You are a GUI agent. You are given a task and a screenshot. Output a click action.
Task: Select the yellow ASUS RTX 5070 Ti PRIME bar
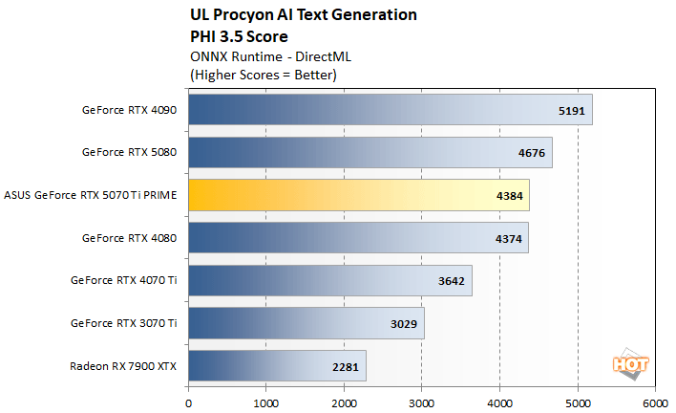[x=358, y=194]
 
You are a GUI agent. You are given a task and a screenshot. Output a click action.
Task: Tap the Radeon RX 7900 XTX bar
[x=277, y=365]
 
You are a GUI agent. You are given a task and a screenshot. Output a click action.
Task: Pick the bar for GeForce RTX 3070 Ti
[x=306, y=323]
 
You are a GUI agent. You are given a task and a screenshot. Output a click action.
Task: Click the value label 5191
[x=571, y=109]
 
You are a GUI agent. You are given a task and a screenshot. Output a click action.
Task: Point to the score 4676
[x=531, y=152]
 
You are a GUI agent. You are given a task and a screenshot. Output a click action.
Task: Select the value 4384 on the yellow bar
[x=508, y=195]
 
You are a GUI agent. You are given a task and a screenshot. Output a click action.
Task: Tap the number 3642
[x=451, y=280]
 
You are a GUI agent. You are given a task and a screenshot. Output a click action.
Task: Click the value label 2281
[x=345, y=366]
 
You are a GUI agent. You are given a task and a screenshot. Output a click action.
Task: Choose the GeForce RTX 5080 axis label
[x=130, y=152]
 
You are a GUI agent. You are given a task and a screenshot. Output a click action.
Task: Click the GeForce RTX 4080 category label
[x=130, y=237]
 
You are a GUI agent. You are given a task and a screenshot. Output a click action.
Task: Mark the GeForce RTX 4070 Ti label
[x=124, y=280]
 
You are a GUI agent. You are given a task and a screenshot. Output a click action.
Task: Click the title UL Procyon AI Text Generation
[x=303, y=16]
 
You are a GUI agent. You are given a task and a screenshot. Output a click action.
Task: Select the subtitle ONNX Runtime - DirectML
[x=259, y=55]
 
